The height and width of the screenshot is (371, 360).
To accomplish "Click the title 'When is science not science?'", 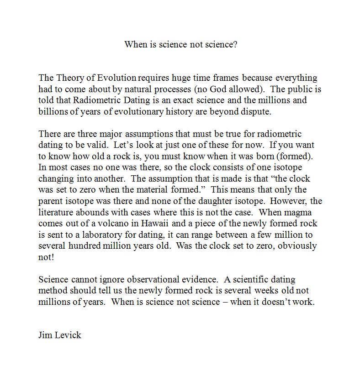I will [x=180, y=45].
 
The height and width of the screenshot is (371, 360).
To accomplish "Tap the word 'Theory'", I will [x=69, y=78].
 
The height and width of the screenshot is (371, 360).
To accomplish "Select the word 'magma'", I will [x=300, y=212].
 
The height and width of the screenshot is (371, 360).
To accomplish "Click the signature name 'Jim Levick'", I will [x=60, y=335].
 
